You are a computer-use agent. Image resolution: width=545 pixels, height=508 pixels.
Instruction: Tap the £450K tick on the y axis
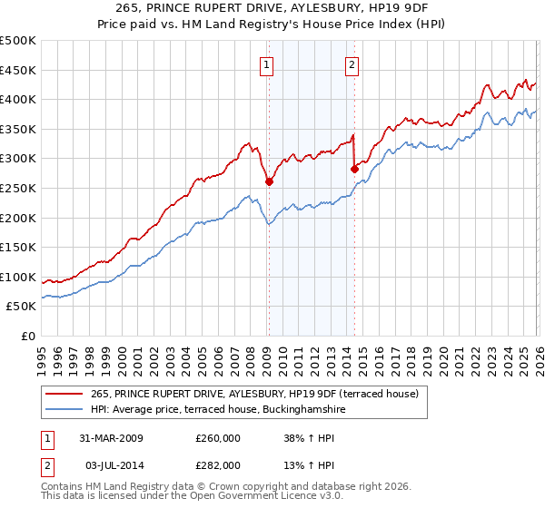18,70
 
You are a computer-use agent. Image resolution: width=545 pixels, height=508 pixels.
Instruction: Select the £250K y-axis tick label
18,189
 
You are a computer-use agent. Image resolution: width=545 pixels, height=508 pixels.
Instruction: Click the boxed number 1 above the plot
267,64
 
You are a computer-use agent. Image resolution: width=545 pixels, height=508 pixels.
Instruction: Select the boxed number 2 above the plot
352,64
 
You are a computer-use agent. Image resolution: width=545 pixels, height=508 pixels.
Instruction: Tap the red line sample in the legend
65,394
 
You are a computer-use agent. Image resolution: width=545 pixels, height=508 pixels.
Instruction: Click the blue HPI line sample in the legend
65,410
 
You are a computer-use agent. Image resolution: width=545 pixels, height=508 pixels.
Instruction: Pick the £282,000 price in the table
218,465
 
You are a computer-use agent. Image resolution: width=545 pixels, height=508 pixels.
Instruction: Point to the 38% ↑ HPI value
308,438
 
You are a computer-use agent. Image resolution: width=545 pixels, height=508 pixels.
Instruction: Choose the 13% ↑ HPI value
308,465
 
